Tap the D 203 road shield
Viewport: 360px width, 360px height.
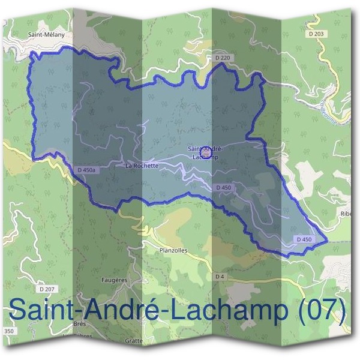[316, 34]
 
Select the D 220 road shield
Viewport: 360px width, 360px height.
[223, 58]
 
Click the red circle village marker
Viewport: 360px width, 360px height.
[205, 154]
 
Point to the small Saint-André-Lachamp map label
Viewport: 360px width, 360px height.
[206, 153]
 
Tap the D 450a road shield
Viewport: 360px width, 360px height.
[87, 170]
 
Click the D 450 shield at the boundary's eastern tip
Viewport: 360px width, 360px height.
[304, 239]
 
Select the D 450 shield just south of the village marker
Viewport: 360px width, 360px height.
[223, 188]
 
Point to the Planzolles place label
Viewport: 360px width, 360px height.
[174, 250]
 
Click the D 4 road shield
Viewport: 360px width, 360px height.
[220, 277]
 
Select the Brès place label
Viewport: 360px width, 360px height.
[80, 323]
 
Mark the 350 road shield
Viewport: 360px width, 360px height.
[8, 331]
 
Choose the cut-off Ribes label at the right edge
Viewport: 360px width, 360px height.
[346, 214]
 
